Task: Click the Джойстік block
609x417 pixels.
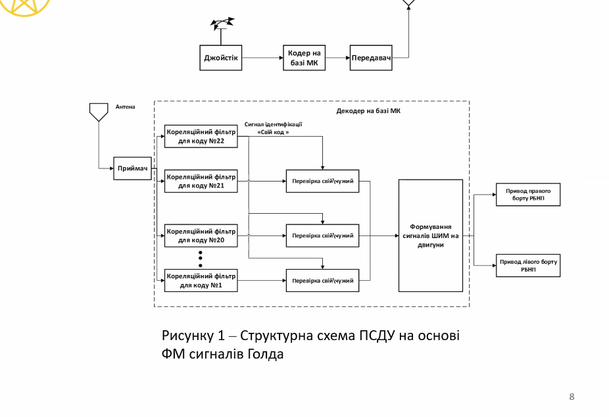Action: pos(220,57)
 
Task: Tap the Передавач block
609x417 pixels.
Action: pos(371,57)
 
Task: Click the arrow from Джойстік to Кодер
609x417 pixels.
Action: pos(262,57)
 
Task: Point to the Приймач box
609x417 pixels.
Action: pos(133,168)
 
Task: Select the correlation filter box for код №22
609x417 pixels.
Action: pos(201,135)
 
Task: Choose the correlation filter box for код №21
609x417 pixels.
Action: pos(201,181)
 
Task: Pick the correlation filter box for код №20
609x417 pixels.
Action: pos(201,235)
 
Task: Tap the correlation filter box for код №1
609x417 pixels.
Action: pos(201,280)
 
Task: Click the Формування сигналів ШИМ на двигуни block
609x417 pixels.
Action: pos(431,235)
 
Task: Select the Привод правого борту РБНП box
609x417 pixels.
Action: pos(528,194)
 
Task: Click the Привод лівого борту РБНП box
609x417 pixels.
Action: pos(528,265)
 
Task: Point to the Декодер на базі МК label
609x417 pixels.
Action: pos(368,111)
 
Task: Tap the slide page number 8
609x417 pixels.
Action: pos(572,397)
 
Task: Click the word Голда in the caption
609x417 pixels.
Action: pos(266,355)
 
